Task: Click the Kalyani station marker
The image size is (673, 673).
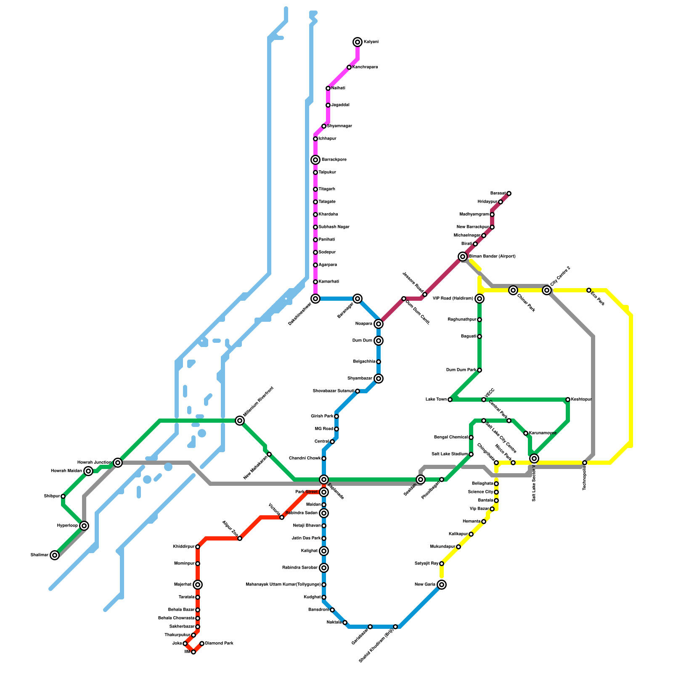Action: [x=358, y=42]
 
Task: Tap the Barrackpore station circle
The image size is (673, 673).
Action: [x=315, y=160]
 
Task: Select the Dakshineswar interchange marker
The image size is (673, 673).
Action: [x=315, y=299]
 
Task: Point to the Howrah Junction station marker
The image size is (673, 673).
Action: [x=118, y=463]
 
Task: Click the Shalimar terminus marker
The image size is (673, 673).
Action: [x=55, y=555]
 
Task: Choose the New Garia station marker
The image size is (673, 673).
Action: [x=442, y=585]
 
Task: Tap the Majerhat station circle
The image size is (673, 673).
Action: [x=198, y=585]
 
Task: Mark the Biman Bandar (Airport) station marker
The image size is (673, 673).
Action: [x=463, y=257]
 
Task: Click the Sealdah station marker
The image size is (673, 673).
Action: [x=421, y=480]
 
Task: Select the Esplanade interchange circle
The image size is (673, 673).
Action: [x=324, y=480]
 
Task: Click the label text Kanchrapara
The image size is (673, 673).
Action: [x=365, y=67]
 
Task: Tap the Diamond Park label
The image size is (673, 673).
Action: [x=219, y=644]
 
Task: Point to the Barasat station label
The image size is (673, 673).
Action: [x=498, y=193]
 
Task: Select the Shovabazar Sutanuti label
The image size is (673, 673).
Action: [x=334, y=391]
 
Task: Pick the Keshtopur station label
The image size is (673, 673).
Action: [x=581, y=400]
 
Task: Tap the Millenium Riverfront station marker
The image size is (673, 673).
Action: [x=240, y=421]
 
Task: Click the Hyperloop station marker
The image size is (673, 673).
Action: [x=84, y=526]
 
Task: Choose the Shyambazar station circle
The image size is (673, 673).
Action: [x=379, y=379]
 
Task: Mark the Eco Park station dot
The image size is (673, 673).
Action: [x=589, y=290]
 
